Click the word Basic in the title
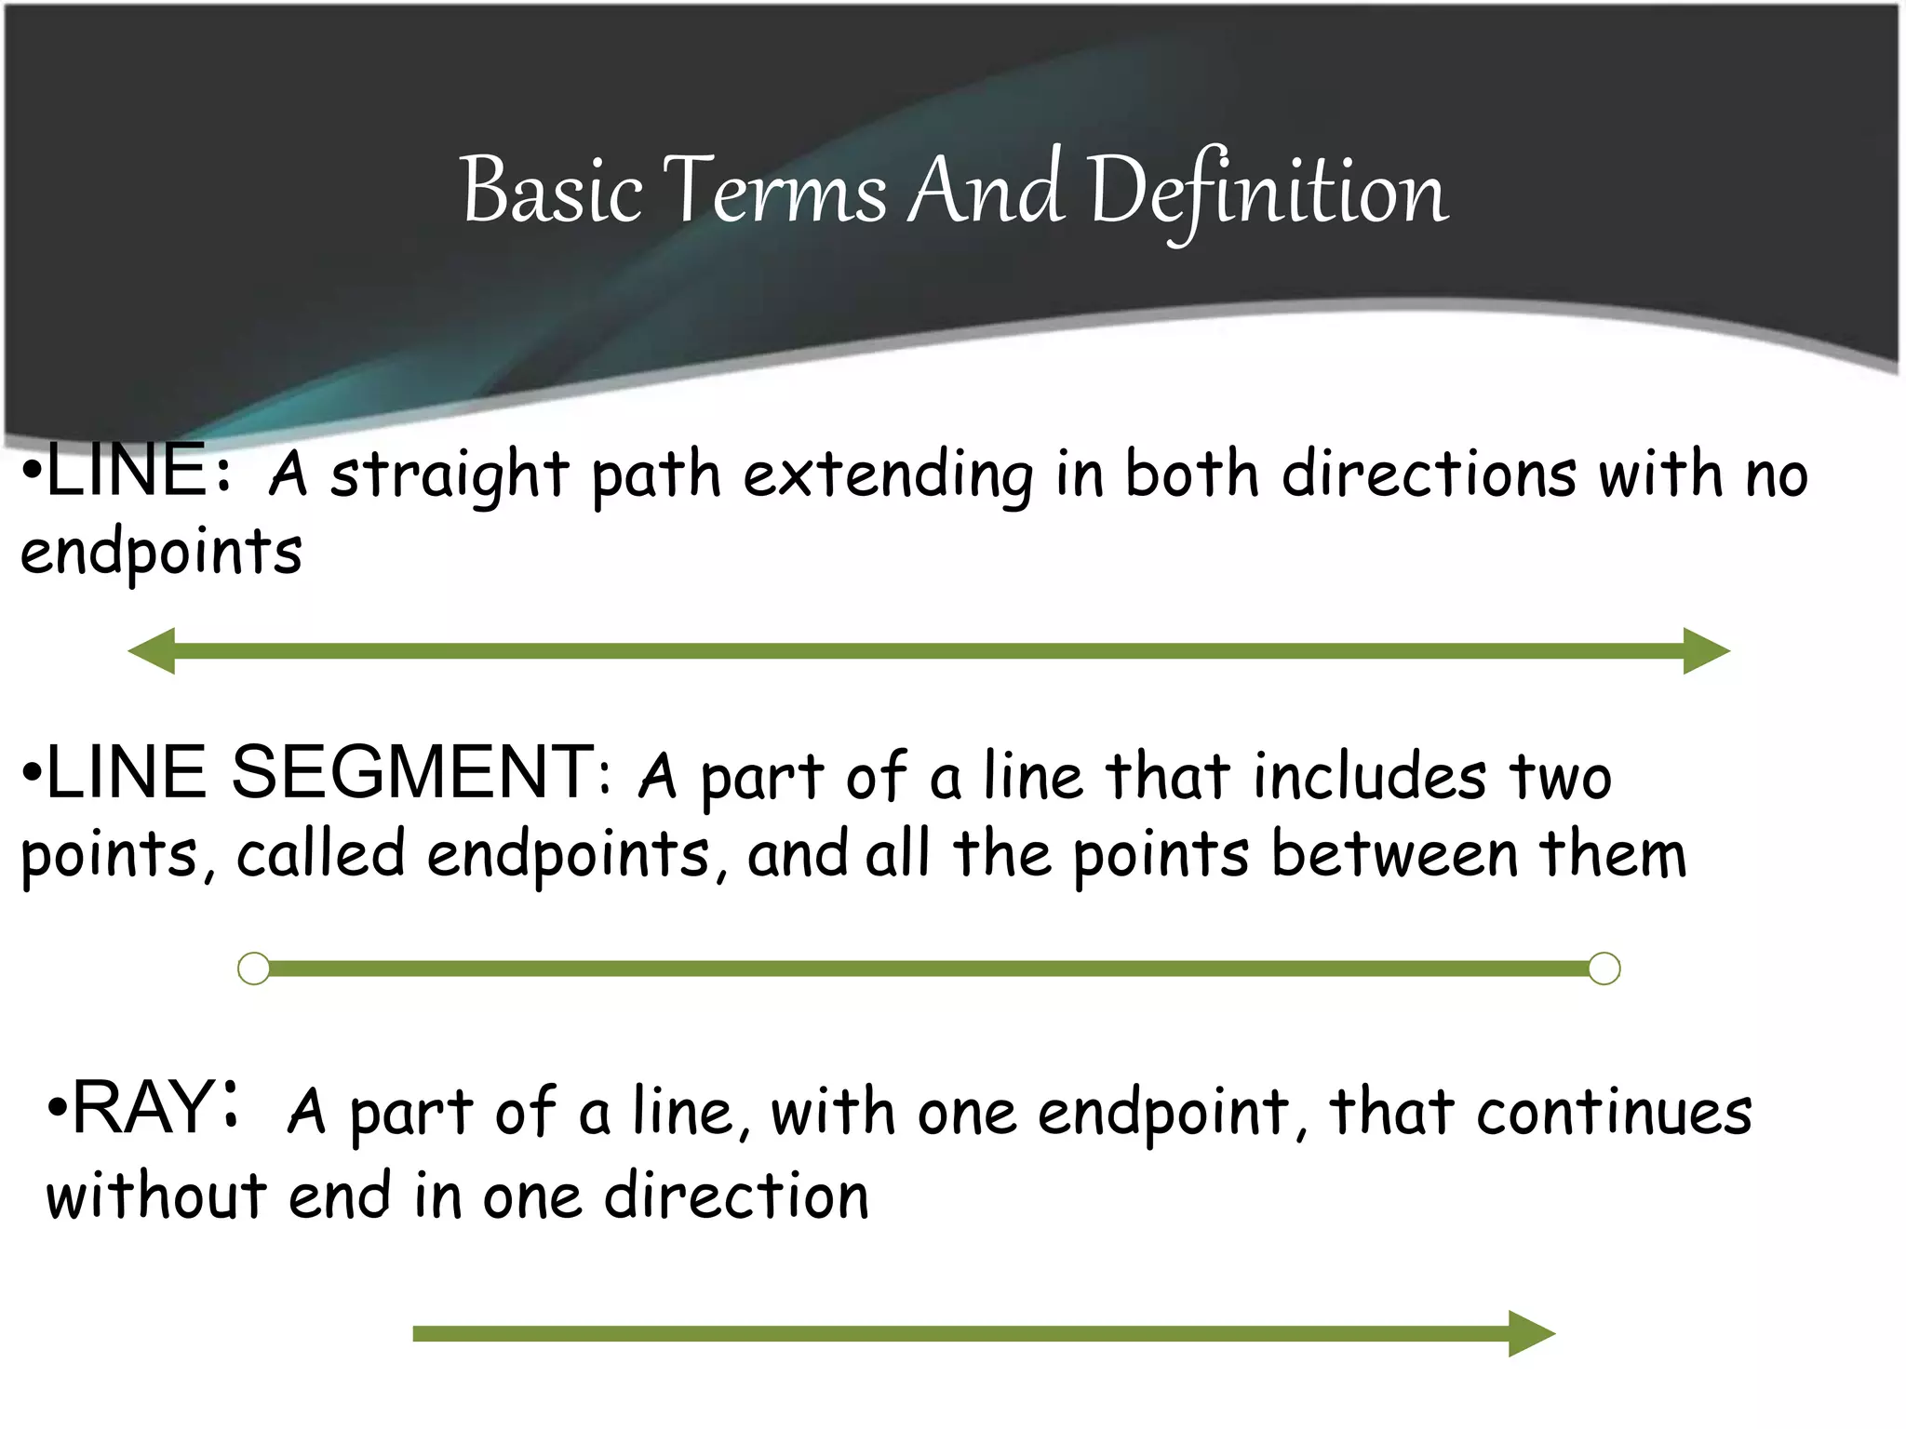(552, 192)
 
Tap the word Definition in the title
(1268, 192)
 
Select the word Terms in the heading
(777, 192)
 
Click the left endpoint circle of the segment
(254, 968)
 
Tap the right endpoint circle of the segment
(1604, 968)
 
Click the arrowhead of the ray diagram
(1530, 1334)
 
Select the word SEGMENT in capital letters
(412, 772)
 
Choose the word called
(321, 853)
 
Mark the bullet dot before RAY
(58, 1109)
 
